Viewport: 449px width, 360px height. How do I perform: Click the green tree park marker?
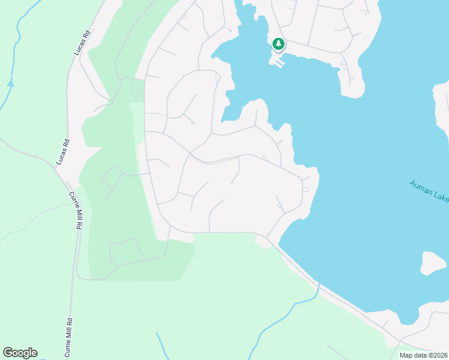[278, 43]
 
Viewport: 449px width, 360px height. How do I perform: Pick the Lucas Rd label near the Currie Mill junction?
[62, 152]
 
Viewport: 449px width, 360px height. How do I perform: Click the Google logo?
[20, 353]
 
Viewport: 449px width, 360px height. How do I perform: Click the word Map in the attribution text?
[406, 355]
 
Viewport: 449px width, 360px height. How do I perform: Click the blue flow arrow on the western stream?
[10, 83]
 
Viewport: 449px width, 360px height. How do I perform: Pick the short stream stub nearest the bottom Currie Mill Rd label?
[159, 343]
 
